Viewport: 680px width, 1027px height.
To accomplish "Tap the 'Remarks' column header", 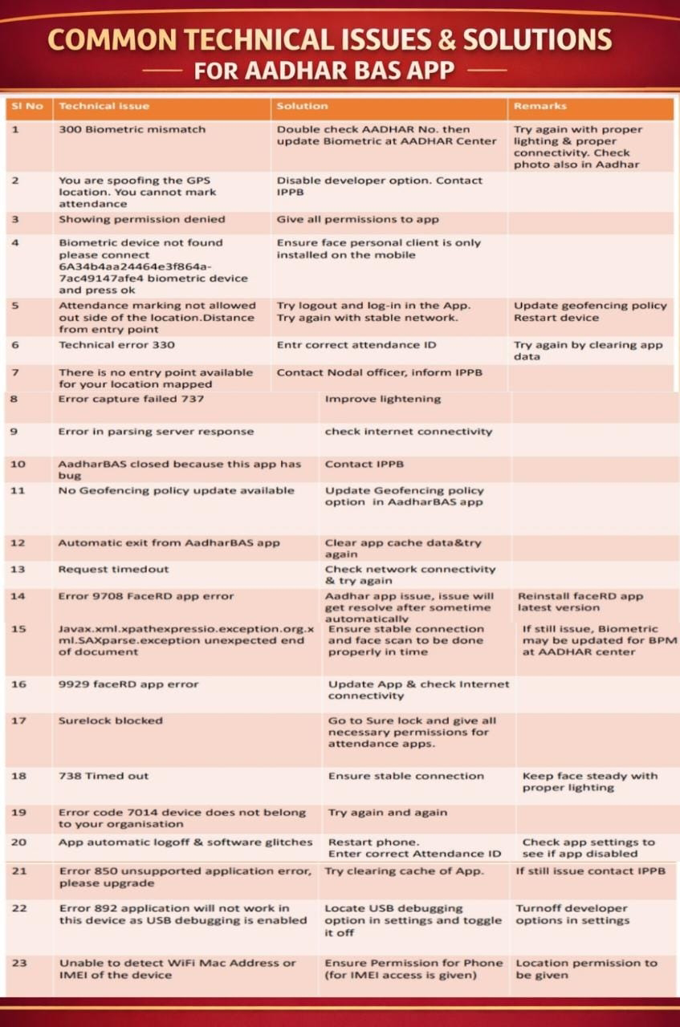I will pyautogui.click(x=540, y=106).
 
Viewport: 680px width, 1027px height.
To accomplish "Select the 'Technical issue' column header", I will pyautogui.click(x=104, y=106).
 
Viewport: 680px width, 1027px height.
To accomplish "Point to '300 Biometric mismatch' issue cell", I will pyautogui.click(x=132, y=129).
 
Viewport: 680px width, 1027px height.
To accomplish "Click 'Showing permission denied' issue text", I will pyautogui.click(x=141, y=219).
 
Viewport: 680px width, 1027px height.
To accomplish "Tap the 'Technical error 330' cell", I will pyautogui.click(x=116, y=345).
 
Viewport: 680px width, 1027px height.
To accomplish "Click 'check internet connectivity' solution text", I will pyautogui.click(x=408, y=432).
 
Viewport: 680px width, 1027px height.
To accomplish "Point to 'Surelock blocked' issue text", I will pyautogui.click(x=110, y=721).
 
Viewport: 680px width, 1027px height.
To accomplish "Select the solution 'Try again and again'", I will pyautogui.click(x=387, y=813).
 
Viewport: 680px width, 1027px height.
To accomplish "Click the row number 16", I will pyautogui.click(x=18, y=684).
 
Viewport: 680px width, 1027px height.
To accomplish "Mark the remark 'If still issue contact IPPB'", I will pyautogui.click(x=590, y=871).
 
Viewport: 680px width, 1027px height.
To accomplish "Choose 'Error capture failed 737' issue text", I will pyautogui.click(x=131, y=399).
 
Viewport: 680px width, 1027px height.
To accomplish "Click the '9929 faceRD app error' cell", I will pyautogui.click(x=128, y=684).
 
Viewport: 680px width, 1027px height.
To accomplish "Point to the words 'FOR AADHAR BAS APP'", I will pyautogui.click(x=324, y=71).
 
